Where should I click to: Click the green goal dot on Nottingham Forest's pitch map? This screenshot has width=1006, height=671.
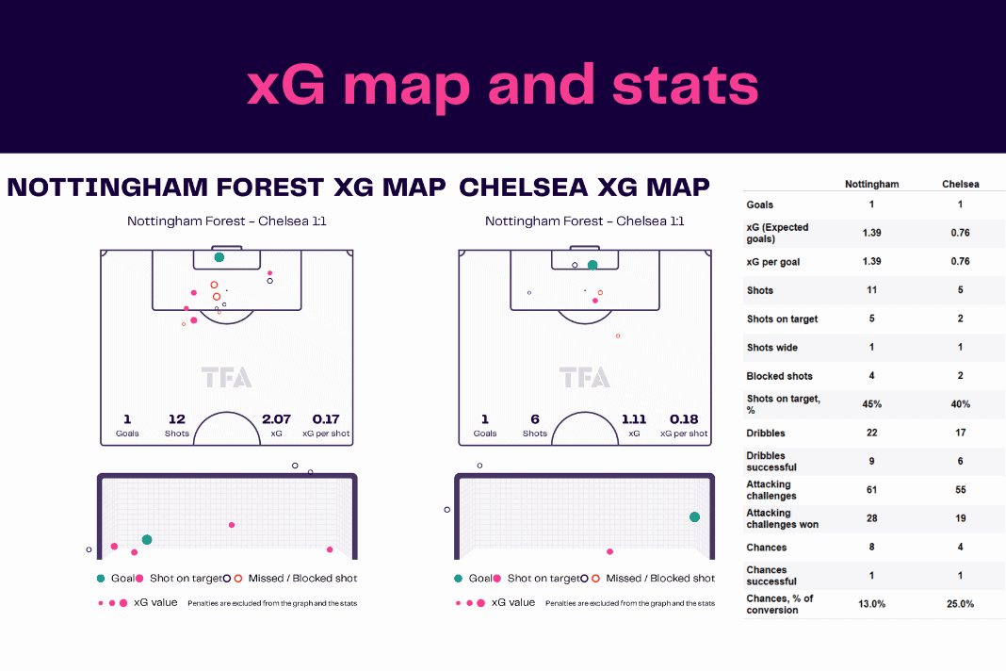(219, 257)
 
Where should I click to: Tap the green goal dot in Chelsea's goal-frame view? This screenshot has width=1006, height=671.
(694, 516)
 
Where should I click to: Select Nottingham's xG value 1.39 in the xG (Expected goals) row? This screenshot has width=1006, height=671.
(871, 233)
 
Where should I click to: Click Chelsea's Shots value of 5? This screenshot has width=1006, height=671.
(960, 290)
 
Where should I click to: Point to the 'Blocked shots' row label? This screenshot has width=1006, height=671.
(779, 376)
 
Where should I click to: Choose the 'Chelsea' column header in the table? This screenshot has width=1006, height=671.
(960, 185)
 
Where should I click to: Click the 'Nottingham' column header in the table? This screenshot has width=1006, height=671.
(871, 185)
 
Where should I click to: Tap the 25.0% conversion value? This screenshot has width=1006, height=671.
(960, 604)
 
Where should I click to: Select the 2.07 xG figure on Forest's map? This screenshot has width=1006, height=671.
(276, 419)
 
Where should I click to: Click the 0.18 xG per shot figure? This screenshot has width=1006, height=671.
(684, 419)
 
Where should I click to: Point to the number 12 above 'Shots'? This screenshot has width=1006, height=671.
(176, 419)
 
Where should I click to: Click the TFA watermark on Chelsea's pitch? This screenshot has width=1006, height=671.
(585, 378)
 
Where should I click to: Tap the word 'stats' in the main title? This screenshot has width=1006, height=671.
(685, 86)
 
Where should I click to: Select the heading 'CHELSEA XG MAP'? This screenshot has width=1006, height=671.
(584, 188)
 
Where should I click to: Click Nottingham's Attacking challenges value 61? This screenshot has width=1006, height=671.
(871, 490)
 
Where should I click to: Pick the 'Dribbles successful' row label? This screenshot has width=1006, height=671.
(771, 462)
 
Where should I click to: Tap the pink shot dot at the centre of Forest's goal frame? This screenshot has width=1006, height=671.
(232, 525)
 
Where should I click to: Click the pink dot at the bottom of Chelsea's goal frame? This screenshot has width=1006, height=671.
(609, 551)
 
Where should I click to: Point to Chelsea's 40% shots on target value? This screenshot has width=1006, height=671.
(960, 404)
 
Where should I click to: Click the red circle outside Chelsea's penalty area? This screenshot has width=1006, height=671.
(618, 335)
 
